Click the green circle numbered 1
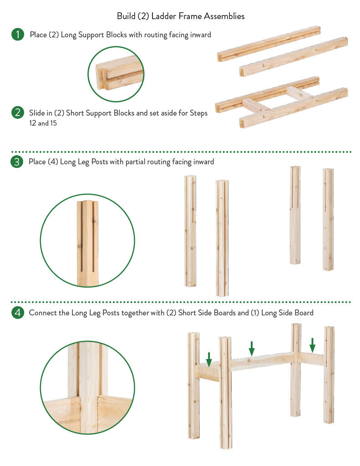point(18,34)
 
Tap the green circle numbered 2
point(18,113)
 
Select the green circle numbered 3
point(17,162)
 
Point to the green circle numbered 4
point(18,313)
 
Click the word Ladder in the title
point(164,16)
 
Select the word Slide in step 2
point(36,113)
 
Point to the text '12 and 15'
point(43,123)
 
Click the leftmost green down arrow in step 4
point(209,360)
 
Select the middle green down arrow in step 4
point(252,348)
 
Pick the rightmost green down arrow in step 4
point(312,345)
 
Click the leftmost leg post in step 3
point(190,231)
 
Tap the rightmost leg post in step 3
point(328,220)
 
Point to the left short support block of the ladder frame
point(255,106)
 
